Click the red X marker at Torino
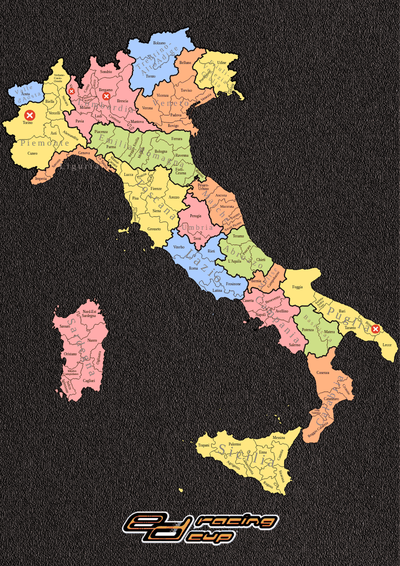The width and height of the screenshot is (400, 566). [30, 115]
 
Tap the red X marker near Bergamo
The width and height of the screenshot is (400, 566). [106, 96]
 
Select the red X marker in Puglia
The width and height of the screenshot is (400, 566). [375, 329]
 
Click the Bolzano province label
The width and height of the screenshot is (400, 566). [159, 43]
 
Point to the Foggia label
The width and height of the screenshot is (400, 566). [298, 287]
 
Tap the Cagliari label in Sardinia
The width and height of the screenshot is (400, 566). [89, 381]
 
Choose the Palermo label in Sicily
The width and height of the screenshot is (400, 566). [235, 444]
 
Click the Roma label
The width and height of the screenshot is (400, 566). [193, 269]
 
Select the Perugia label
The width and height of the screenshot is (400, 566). [195, 216]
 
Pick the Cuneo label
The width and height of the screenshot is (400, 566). [32, 153]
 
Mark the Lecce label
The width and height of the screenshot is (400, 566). [387, 345]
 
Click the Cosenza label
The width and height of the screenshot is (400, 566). [323, 372]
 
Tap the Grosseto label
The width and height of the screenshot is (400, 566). [154, 229]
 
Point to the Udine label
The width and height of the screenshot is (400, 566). [222, 62]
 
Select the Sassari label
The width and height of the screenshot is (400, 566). [64, 326]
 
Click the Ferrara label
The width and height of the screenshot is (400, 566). [177, 139]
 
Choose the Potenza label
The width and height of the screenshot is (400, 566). [308, 330]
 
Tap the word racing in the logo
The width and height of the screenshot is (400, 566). [237, 521]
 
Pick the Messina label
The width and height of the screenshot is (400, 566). [279, 437]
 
